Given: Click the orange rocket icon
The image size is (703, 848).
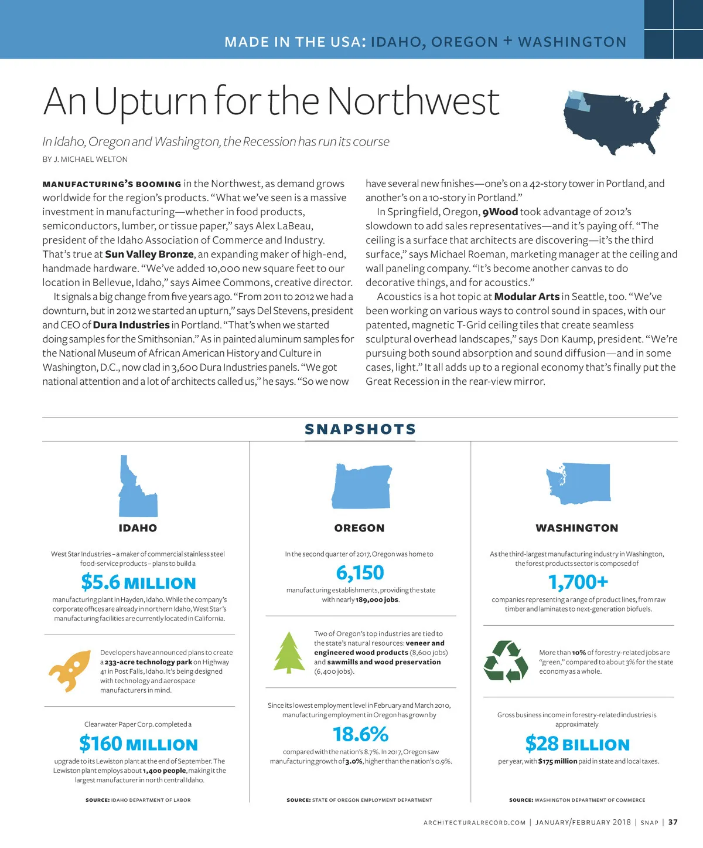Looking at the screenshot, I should coord(70,670).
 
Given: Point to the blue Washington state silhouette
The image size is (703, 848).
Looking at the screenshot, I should coord(578,484).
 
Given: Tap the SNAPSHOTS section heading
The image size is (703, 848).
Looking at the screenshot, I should coord(360,429).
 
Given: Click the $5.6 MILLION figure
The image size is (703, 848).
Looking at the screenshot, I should coord(139,582).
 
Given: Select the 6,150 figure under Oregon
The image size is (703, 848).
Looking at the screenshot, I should coord(360,572).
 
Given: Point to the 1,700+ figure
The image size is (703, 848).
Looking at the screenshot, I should coord(578,582).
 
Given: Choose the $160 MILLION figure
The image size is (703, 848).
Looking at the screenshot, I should coord(139,744).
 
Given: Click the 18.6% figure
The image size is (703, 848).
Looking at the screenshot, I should coord(360,734).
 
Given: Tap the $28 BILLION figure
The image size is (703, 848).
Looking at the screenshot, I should coord(577,744).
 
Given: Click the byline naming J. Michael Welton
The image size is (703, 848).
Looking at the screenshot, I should coord(85,159).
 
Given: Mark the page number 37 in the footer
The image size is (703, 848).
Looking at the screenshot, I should coord(673,822).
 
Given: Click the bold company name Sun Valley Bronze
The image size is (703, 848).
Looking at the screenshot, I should coord(149,254).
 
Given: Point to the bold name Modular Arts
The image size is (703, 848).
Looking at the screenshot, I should coord(527,296).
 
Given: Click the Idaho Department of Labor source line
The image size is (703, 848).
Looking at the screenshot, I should coord(138,800).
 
